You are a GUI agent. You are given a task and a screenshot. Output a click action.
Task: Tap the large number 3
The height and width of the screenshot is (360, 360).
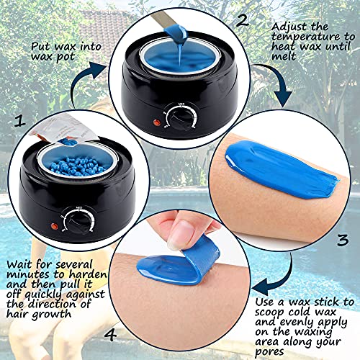343,239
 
